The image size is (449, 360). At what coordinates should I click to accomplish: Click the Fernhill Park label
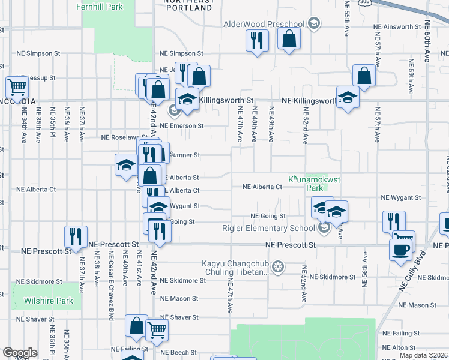pos(100,7)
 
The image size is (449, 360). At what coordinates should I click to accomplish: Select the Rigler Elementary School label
pos(268,228)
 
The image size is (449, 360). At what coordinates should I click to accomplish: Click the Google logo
pos(20,353)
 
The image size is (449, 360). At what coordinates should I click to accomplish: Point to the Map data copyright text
pos(424,355)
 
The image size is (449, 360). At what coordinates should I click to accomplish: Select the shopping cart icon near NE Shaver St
pos(157,329)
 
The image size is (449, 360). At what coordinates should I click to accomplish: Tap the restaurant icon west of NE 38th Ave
pos(76,236)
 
